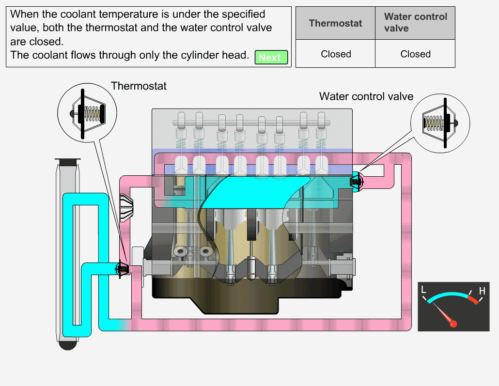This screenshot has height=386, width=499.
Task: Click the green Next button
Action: (x=271, y=58)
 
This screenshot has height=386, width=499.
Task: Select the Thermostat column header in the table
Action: (x=335, y=23)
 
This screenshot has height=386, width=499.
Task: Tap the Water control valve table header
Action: (x=415, y=23)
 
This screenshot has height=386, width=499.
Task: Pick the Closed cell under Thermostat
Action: (x=335, y=54)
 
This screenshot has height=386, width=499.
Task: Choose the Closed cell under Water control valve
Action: (x=415, y=54)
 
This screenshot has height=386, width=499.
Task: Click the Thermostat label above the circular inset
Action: (x=139, y=86)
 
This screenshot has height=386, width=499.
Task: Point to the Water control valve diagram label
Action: (x=366, y=96)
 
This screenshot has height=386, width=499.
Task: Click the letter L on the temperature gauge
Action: (x=423, y=290)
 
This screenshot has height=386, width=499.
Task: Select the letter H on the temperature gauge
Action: (x=482, y=291)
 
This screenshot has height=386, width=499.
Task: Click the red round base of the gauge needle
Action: (x=453, y=324)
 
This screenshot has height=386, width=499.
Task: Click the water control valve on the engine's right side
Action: (x=356, y=181)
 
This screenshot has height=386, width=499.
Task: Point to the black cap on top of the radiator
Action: (x=67, y=161)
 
